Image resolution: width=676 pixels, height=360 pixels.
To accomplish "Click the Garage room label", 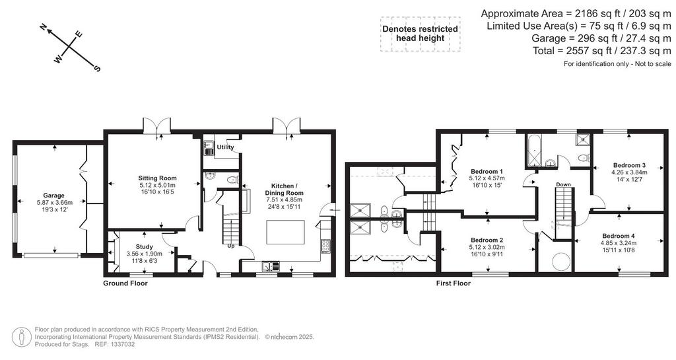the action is (x=53, y=196).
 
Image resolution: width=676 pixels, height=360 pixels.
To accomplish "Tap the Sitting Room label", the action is (x=157, y=178).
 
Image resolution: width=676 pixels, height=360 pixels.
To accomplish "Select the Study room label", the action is (x=144, y=247).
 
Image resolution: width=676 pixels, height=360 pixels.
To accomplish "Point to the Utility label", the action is (x=225, y=147).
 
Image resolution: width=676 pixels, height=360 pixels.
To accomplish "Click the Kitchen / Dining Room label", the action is (x=285, y=190).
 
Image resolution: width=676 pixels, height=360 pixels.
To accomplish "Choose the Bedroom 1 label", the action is (x=487, y=170).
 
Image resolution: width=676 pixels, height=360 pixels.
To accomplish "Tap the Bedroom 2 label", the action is (x=487, y=240).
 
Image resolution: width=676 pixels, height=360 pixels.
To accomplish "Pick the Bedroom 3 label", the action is (x=629, y=165).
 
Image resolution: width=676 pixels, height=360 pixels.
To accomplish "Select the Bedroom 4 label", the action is (x=619, y=236).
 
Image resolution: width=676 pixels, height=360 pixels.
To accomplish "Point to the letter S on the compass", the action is (x=97, y=68).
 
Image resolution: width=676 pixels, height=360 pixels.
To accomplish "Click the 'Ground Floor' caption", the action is (x=125, y=283).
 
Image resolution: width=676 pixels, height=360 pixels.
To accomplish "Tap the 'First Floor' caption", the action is (x=453, y=283).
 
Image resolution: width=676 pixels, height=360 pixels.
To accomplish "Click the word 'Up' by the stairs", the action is (x=231, y=246).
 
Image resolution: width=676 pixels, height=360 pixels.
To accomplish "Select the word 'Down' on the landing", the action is (x=563, y=184).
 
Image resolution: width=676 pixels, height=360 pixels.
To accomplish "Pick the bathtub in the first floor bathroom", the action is (x=533, y=151).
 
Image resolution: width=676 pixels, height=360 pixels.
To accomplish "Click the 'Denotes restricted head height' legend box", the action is (x=421, y=34).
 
